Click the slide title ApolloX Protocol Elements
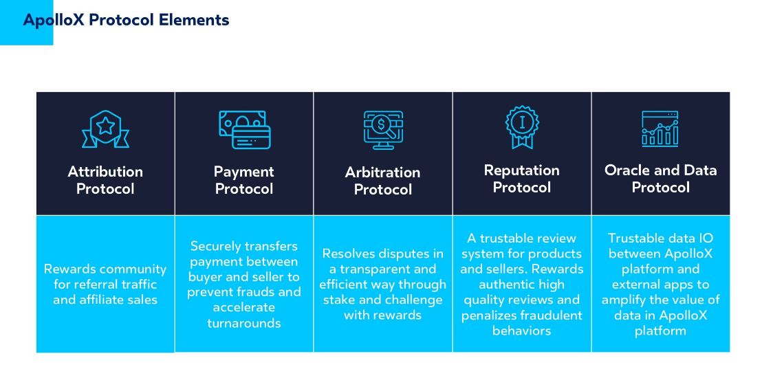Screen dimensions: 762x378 (x=126, y=20)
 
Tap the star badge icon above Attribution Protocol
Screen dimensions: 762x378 (x=105, y=129)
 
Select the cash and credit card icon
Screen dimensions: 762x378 (x=244, y=130)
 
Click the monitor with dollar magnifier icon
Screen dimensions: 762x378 (x=384, y=130)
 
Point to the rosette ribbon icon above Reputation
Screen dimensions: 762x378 (x=522, y=127)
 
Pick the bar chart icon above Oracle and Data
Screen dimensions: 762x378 (x=660, y=129)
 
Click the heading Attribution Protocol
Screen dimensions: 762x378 (x=105, y=180)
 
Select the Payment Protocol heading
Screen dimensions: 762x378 (x=244, y=180)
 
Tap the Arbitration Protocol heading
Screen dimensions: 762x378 (x=383, y=180)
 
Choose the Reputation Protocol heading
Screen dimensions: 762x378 (x=522, y=178)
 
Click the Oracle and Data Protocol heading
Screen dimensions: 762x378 (x=660, y=178)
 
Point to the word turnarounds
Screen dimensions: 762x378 (x=244, y=323)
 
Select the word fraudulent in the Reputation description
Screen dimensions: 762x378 (x=552, y=315)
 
